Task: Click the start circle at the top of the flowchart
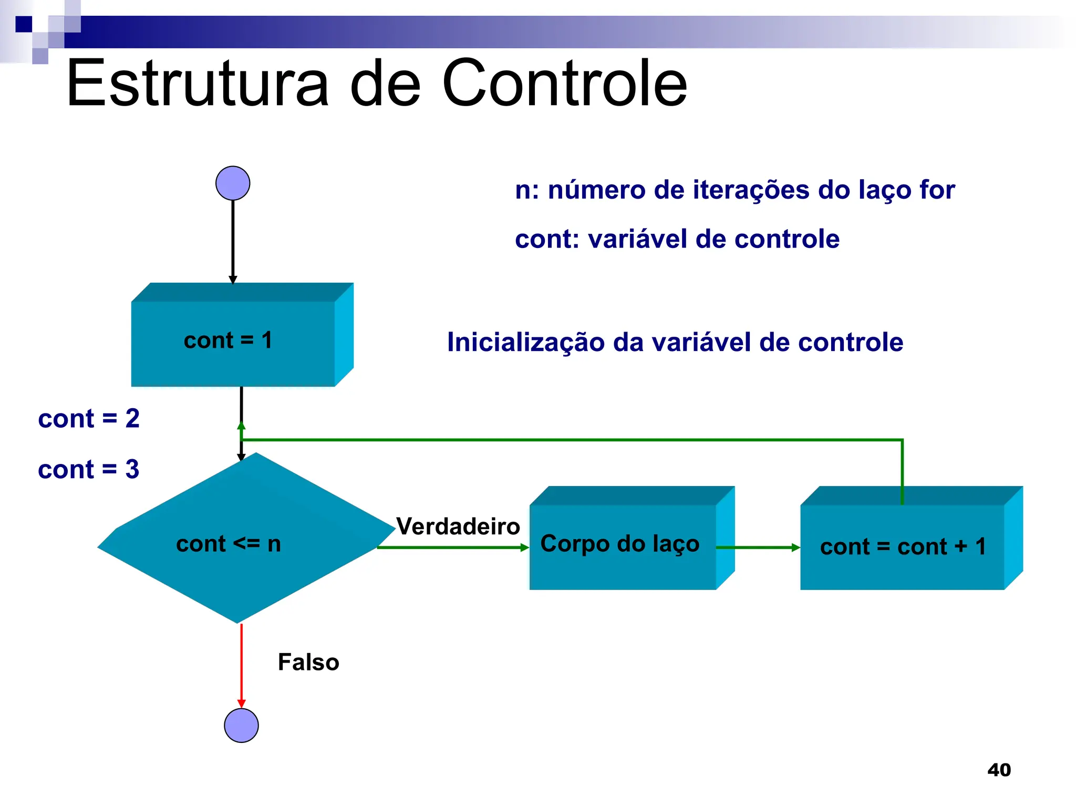coord(233,183)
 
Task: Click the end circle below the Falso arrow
coord(241,726)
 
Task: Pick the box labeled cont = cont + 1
coord(903,546)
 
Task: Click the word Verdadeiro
coord(458,526)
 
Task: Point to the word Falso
coord(308,662)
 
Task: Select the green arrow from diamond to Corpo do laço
coord(452,547)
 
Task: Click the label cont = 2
coord(89,419)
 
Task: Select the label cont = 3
coord(89,469)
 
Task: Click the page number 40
coord(999,770)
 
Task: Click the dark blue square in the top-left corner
coord(24,24)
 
